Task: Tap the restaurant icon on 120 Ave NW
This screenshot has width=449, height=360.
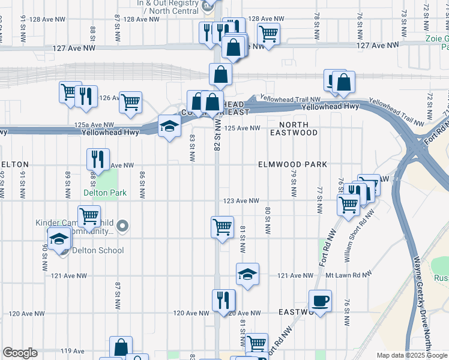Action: pyautogui.click(x=223, y=301)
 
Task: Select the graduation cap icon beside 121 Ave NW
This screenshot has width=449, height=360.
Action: pyautogui.click(x=247, y=274)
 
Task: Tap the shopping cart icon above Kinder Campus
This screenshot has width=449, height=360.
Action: pyautogui.click(x=89, y=216)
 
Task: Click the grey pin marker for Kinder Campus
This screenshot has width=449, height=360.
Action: pyautogui.click(x=123, y=226)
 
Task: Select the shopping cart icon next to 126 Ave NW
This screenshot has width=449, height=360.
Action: pyautogui.click(x=130, y=102)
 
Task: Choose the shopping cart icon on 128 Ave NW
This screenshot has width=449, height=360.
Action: pyautogui.click(x=268, y=34)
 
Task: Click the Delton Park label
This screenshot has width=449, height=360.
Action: pyautogui.click(x=106, y=193)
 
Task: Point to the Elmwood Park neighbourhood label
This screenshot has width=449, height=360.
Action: pyautogui.click(x=292, y=164)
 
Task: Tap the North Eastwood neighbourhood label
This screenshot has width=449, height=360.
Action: pyautogui.click(x=294, y=128)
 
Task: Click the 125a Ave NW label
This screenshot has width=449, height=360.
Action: pyautogui.click(x=93, y=124)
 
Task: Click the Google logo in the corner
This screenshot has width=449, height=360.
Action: pyautogui.click(x=20, y=353)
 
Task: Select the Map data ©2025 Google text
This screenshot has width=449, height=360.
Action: pyautogui.click(x=411, y=355)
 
